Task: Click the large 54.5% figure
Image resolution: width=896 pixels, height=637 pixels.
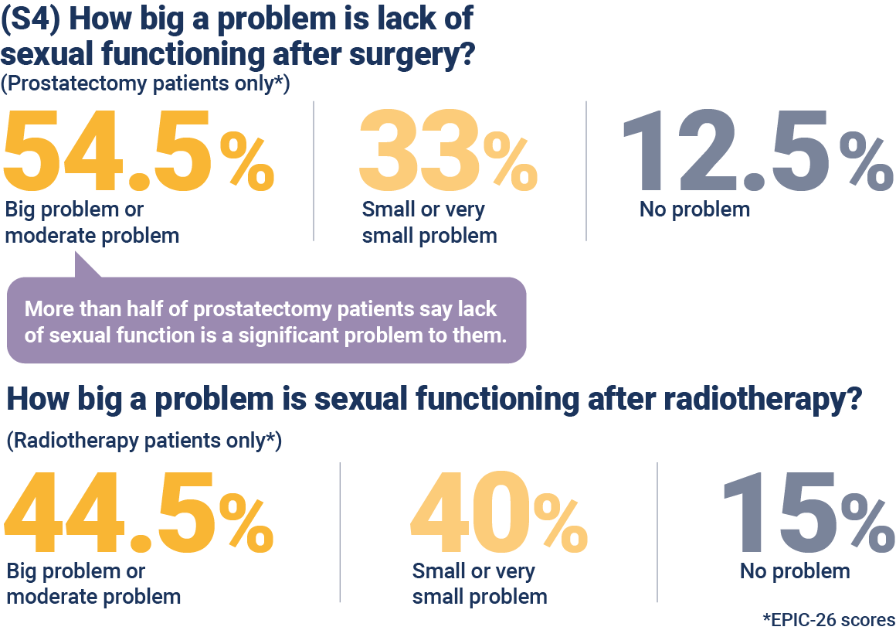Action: click(x=139, y=151)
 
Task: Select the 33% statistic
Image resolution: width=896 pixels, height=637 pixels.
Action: click(x=449, y=151)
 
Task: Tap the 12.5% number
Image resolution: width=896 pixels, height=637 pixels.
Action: click(x=758, y=151)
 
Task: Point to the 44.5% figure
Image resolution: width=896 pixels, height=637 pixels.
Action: click(x=139, y=513)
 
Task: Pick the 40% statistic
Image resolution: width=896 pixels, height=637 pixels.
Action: click(x=499, y=513)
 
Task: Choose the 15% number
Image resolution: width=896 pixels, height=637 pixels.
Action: click(x=808, y=513)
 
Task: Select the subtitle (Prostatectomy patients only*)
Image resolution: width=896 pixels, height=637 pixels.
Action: click(x=145, y=83)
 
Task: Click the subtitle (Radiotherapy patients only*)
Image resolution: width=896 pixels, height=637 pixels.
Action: click(x=144, y=441)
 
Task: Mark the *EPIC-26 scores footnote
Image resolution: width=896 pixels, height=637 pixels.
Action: click(x=829, y=619)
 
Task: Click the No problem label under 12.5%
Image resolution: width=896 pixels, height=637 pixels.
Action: click(x=694, y=209)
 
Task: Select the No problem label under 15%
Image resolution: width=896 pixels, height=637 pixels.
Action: click(x=795, y=571)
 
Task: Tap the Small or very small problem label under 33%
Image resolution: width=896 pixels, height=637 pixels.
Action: click(x=429, y=223)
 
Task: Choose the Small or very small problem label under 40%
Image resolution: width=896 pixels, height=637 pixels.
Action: click(x=480, y=584)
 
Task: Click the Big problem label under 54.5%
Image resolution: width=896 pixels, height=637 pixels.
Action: click(x=92, y=223)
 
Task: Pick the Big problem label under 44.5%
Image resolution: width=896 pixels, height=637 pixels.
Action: click(x=93, y=584)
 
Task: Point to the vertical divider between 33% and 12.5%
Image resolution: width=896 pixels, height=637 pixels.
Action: click(x=586, y=171)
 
